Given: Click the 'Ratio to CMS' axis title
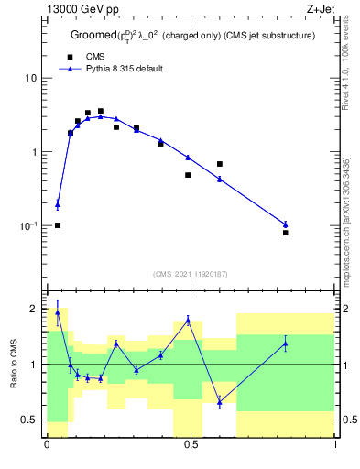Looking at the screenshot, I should (x=15, y=364).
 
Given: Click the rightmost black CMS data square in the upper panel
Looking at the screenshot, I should (x=286, y=233).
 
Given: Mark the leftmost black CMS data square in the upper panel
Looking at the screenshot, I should (x=57, y=225).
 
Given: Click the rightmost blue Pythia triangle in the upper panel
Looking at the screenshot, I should (x=286, y=224).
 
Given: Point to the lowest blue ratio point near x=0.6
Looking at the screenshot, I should (x=220, y=401).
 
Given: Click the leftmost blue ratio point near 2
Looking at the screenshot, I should (x=57, y=311).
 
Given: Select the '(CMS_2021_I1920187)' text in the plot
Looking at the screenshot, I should (x=191, y=273).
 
